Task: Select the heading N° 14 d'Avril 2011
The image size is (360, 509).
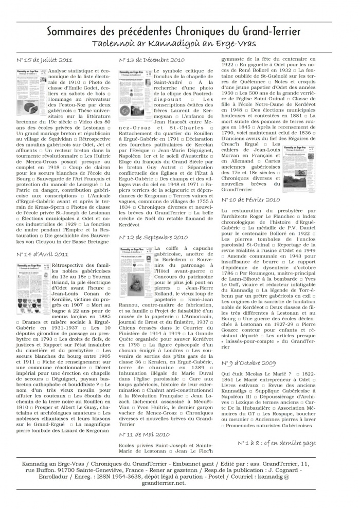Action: point(42,254)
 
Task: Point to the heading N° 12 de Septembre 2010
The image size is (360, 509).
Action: point(153,238)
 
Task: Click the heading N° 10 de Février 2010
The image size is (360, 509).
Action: point(251,199)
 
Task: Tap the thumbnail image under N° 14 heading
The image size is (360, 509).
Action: point(33,282)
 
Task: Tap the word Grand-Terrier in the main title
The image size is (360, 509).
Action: point(273,31)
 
